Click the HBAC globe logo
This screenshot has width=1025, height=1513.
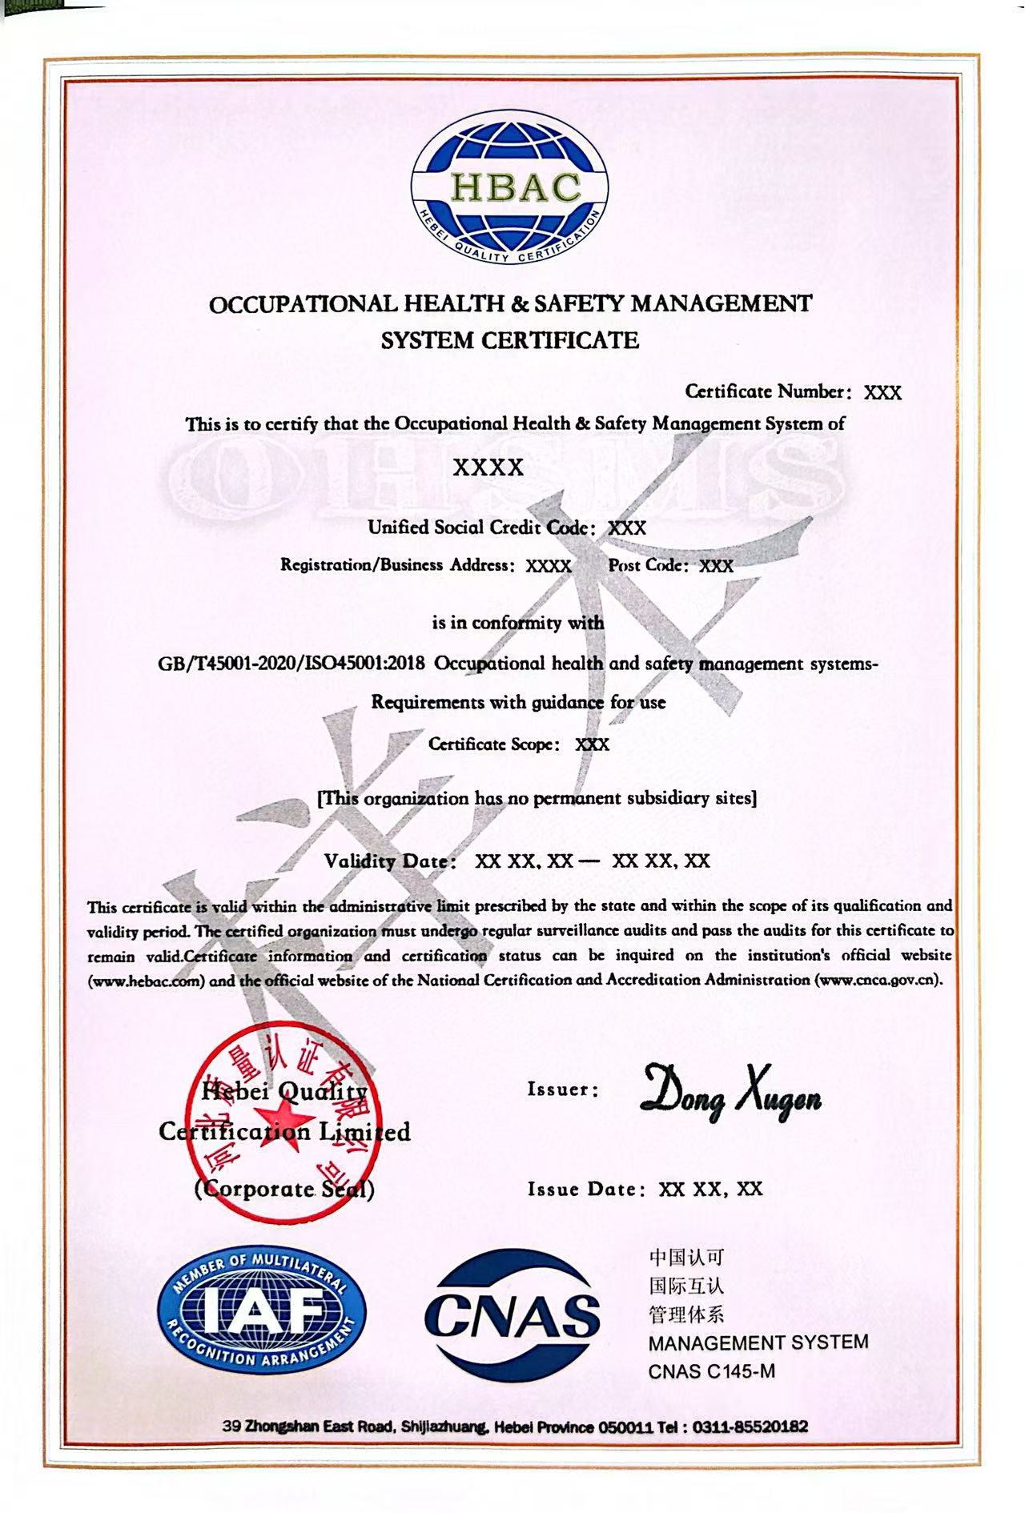[509, 188]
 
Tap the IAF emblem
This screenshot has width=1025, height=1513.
[263, 1311]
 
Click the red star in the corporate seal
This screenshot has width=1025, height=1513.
[281, 1124]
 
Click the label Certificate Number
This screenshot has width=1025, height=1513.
[766, 391]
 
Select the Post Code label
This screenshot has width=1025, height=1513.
[647, 565]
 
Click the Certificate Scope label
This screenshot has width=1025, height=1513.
[492, 744]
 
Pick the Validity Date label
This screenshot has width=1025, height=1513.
[389, 861]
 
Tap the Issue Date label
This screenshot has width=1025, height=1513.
[585, 1189]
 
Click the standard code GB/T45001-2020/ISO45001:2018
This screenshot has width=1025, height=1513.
[291, 664]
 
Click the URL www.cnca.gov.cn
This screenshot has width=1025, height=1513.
[878, 980]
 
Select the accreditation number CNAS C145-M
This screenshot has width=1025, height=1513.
[711, 1371]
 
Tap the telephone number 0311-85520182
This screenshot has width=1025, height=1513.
[750, 1427]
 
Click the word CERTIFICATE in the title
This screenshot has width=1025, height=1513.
[560, 340]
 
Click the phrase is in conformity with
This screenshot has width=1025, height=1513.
[518, 623]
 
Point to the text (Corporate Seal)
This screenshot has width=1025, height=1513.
[284, 1189]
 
